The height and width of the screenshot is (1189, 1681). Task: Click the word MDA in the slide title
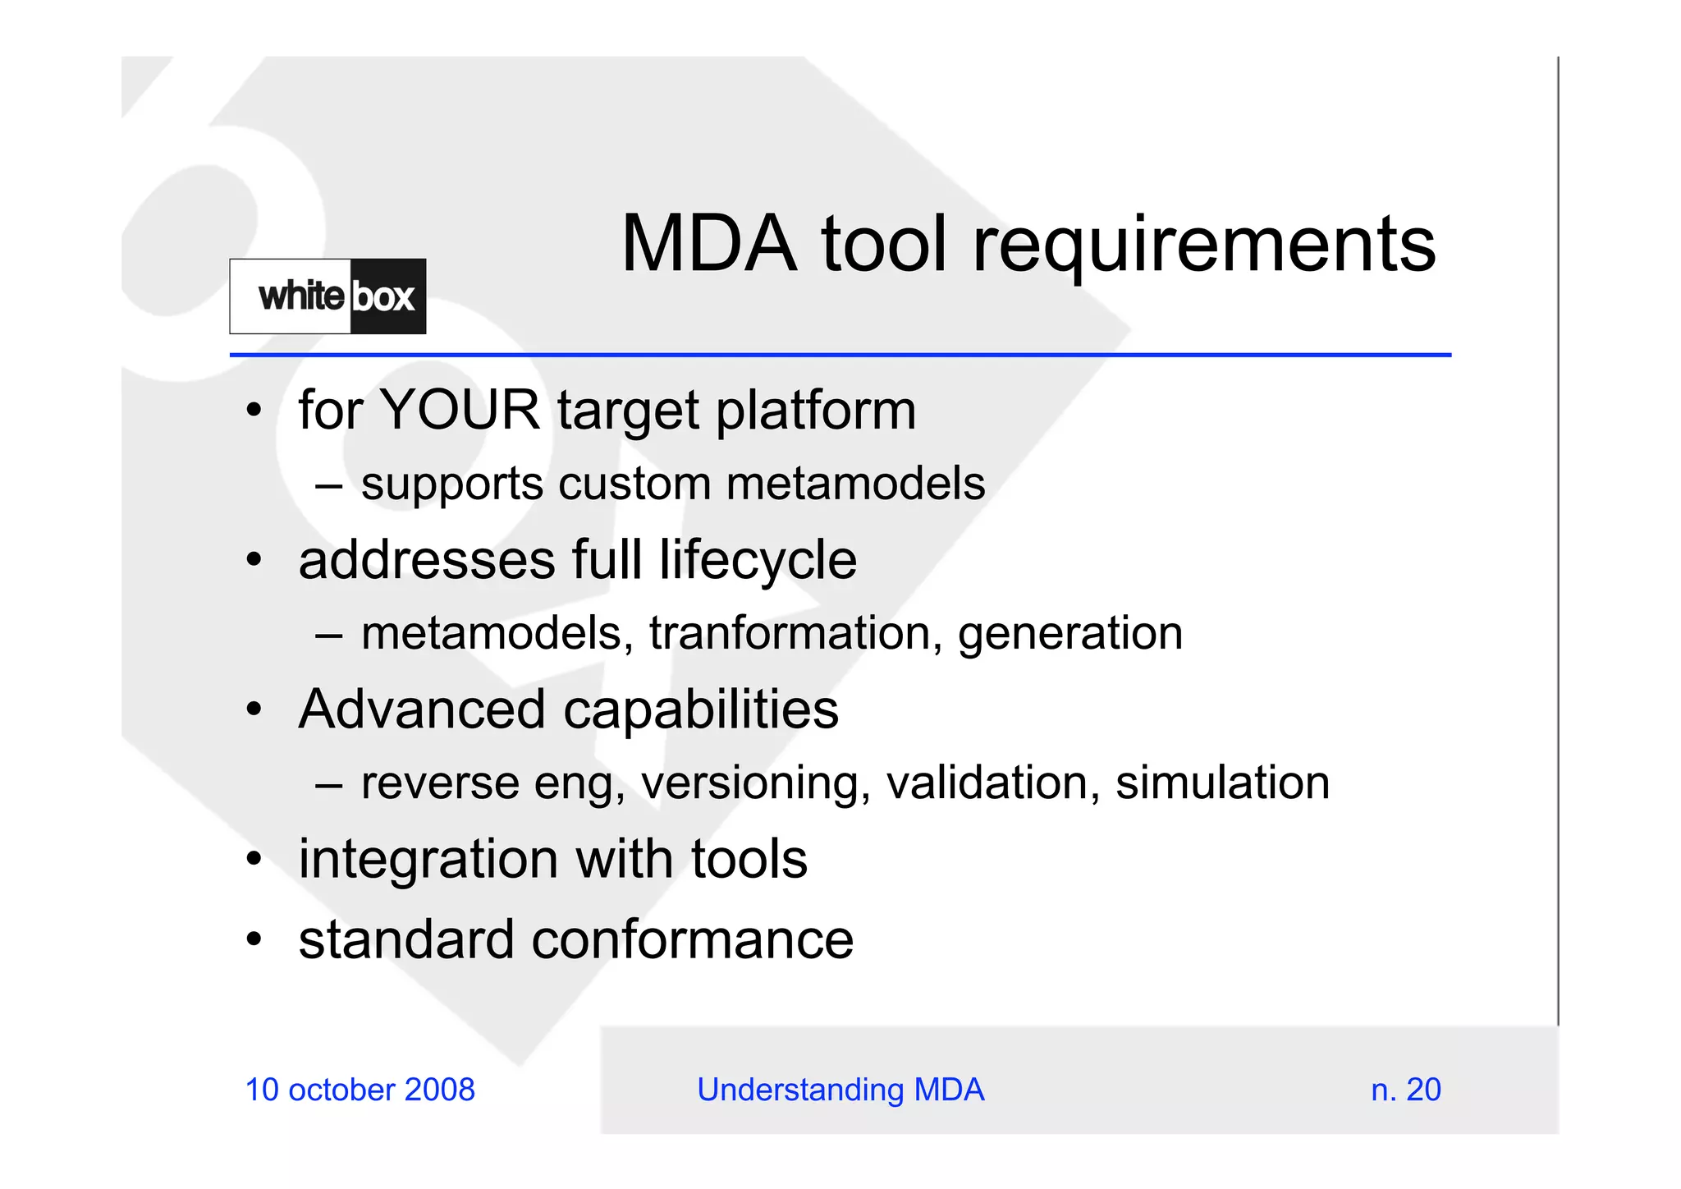coord(708,244)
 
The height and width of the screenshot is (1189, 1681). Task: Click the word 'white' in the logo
coord(300,296)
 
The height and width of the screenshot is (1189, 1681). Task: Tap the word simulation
coord(1222,783)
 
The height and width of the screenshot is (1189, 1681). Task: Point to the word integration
coord(428,860)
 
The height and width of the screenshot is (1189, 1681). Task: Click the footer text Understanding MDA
coord(840,1090)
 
